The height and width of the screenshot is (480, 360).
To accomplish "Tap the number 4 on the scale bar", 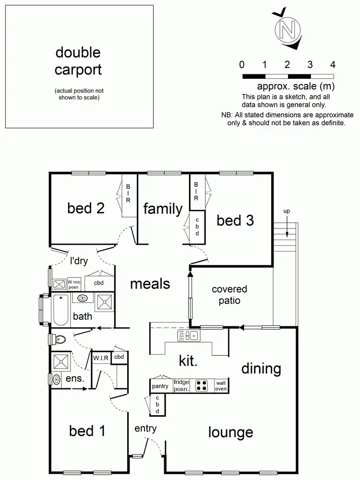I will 333,65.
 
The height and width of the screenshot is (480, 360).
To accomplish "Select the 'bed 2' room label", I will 86,208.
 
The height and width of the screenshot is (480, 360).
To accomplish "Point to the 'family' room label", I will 163,209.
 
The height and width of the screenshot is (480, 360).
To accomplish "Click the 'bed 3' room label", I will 235,220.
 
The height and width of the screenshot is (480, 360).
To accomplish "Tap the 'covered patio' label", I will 229,295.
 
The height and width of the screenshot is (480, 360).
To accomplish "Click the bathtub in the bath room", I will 60,310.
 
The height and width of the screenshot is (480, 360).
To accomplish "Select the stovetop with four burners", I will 202,385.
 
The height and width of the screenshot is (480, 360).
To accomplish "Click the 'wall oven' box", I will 221,385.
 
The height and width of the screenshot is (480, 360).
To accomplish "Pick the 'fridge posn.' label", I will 181,385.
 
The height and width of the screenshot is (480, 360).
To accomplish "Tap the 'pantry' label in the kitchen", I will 160,386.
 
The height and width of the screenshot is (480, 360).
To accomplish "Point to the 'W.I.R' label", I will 101,358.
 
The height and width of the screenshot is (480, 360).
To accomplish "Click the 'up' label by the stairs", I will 287,211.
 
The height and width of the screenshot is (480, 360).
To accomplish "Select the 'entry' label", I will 145,428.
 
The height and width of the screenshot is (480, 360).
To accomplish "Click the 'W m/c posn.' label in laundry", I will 73,284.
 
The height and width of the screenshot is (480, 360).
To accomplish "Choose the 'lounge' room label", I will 230,432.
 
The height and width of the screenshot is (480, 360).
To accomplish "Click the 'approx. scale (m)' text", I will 296,86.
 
